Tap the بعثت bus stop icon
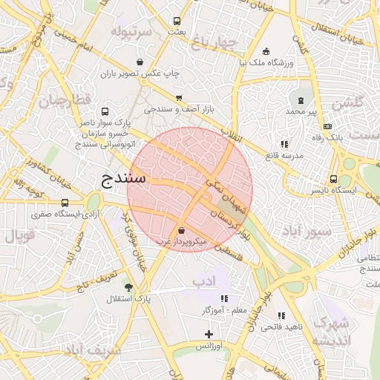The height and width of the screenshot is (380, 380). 177,21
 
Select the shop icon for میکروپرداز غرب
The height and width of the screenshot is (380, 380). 183,230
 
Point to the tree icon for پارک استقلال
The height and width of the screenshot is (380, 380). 129,287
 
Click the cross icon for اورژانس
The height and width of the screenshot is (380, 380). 209,335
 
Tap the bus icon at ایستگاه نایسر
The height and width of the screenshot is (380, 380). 334,179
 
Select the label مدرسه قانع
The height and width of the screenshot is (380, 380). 284,155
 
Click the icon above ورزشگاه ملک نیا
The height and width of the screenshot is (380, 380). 266,51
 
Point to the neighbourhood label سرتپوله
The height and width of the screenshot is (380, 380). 131,32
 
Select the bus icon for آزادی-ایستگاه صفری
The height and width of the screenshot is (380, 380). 65,203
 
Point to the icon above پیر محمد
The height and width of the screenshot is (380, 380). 301,99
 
